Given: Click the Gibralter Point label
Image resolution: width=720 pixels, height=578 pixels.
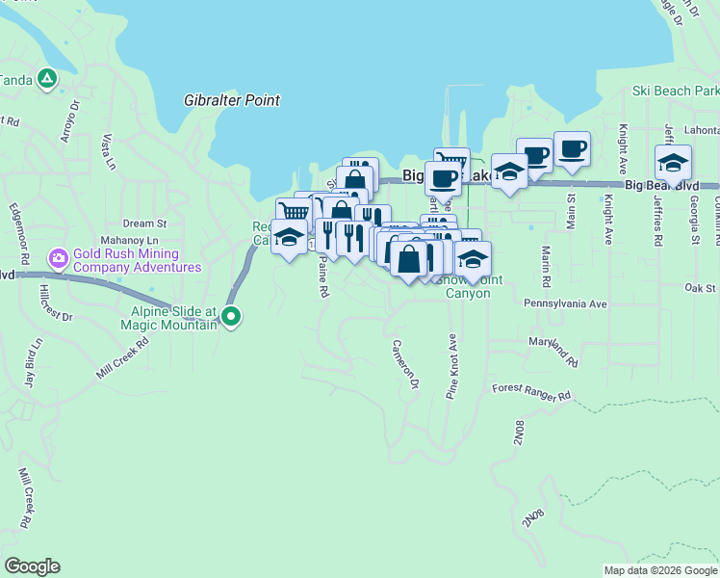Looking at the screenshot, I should pyautogui.click(x=232, y=100).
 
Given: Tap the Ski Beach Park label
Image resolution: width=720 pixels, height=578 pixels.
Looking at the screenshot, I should pyautogui.click(x=675, y=91).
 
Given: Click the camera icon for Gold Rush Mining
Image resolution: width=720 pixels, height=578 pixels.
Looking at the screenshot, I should pyautogui.click(x=59, y=257).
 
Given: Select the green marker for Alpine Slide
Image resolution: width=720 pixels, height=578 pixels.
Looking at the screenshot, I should pyautogui.click(x=231, y=315).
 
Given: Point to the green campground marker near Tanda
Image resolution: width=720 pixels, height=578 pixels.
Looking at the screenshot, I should pyautogui.click(x=46, y=79).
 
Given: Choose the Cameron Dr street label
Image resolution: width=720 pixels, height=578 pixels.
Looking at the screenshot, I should pyautogui.click(x=406, y=363).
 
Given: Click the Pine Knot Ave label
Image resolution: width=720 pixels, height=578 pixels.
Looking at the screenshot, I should pyautogui.click(x=450, y=367).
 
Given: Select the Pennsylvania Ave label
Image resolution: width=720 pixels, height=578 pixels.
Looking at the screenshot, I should pyautogui.click(x=565, y=303).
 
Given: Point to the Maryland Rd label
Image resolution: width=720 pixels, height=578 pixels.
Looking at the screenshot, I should pyautogui.click(x=553, y=352).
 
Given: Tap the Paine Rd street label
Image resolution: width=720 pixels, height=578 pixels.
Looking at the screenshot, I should pyautogui.click(x=324, y=276).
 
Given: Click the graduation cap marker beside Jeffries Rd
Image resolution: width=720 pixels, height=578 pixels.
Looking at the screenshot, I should pyautogui.click(x=673, y=163).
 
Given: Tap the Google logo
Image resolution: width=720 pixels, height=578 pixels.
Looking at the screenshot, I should pyautogui.click(x=32, y=566).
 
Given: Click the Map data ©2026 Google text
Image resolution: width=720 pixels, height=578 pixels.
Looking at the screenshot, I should pyautogui.click(x=660, y=570).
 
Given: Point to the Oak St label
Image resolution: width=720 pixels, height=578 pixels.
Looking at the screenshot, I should pyautogui.click(x=700, y=288).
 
